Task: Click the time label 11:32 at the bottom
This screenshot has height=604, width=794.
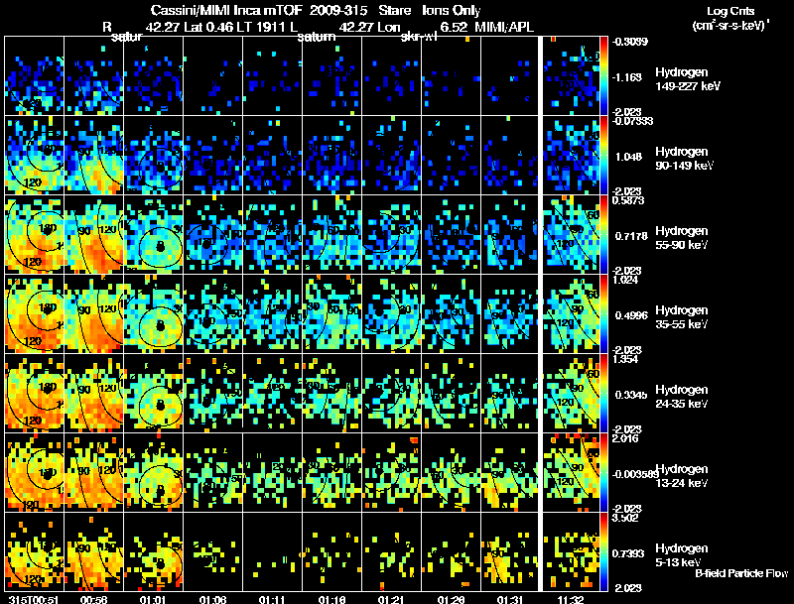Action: (571, 599)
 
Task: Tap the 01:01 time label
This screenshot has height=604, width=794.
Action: (152, 599)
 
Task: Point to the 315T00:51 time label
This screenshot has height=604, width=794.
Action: (30, 599)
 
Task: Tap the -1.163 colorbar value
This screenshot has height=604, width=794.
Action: (631, 76)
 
